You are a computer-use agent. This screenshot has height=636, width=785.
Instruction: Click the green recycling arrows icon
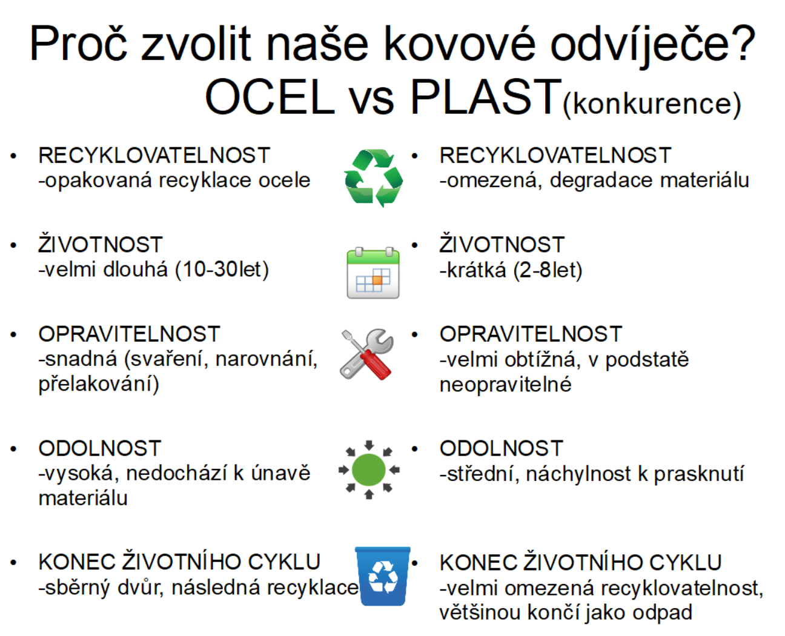click(373, 177)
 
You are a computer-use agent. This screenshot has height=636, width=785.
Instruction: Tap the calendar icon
click(373, 273)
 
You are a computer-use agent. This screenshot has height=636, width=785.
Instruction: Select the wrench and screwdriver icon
click(366, 354)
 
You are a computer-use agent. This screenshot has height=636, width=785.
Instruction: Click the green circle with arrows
click(369, 469)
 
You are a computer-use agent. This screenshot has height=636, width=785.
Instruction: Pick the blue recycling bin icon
click(382, 576)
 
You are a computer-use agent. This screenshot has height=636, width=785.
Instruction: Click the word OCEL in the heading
click(270, 97)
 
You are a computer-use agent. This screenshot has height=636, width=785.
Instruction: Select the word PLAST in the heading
click(486, 97)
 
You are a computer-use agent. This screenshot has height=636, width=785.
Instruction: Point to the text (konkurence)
click(652, 104)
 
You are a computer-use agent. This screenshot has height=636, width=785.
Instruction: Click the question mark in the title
click(741, 44)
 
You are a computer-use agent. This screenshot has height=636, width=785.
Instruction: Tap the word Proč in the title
click(79, 44)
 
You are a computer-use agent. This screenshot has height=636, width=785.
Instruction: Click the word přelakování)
click(99, 384)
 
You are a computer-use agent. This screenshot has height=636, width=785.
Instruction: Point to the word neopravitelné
click(506, 384)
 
